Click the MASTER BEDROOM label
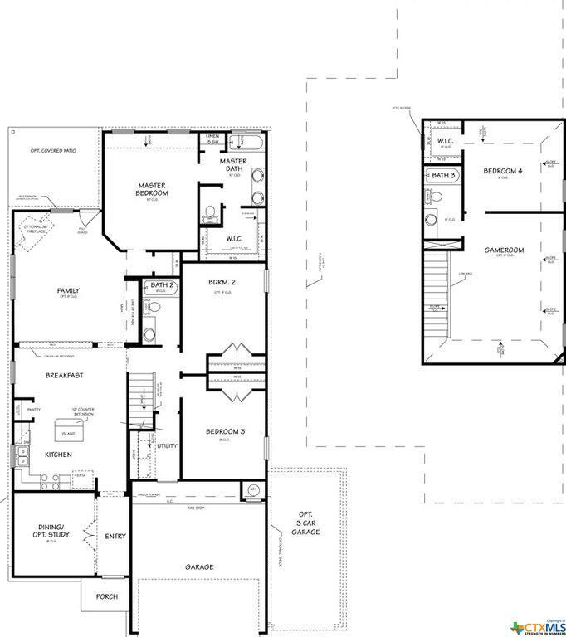[153, 189]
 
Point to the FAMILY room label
[68, 290]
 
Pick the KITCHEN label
[58, 455]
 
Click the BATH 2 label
[162, 286]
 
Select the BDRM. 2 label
[222, 283]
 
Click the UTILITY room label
[167, 446]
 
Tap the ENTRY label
[115, 536]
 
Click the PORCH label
[106, 596]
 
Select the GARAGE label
[199, 567]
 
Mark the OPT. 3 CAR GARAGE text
[310, 523]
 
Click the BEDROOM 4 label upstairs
[503, 171]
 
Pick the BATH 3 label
[442, 176]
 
